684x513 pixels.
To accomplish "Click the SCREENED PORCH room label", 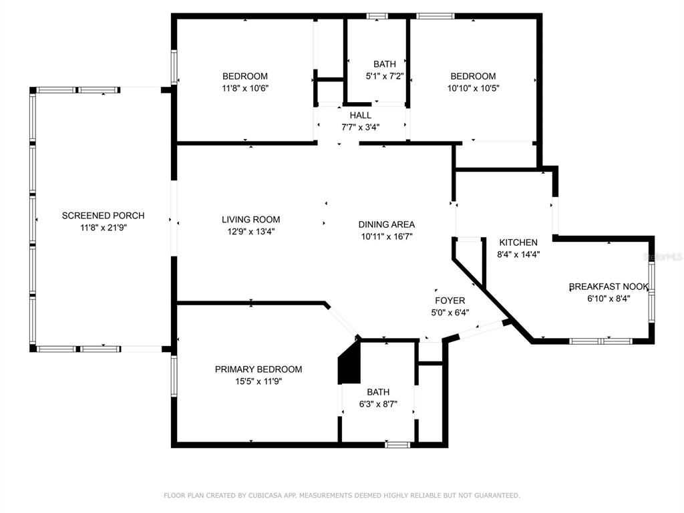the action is (103, 216).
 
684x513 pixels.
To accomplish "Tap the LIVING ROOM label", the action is (251, 219).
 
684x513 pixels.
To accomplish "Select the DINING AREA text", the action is (387, 224).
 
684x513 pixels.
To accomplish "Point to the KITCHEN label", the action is (518, 242).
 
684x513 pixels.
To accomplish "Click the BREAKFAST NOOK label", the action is (609, 287).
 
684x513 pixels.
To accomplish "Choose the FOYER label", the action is (450, 301).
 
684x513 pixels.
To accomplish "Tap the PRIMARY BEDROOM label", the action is (259, 369).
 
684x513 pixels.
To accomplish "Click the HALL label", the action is (360, 115).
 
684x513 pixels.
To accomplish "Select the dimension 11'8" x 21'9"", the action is (103, 227).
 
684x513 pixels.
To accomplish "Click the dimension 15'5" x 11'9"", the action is (259, 381).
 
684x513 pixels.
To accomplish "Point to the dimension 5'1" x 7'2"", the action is (384, 76).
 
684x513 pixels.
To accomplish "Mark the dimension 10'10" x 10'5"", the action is (473, 88).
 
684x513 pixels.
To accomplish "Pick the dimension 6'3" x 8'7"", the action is (378, 404).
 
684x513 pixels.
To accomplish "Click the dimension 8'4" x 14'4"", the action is (518, 254).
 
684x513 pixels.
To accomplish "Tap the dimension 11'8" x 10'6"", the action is (244, 88).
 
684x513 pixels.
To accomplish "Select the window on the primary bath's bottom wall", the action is (397, 444).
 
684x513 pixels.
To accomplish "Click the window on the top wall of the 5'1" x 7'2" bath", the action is (377, 16).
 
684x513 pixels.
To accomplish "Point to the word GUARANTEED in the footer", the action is (498, 496).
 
